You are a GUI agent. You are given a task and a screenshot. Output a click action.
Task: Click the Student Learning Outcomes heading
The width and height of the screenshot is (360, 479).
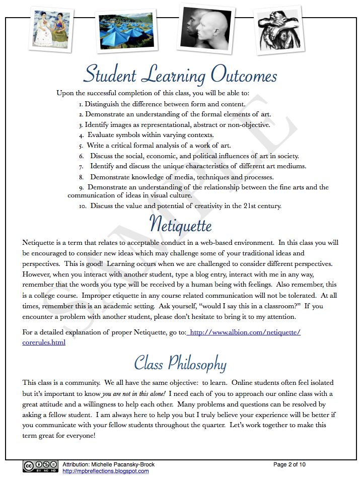(x=180, y=75)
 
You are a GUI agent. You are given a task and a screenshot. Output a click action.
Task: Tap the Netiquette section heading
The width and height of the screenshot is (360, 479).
(x=180, y=224)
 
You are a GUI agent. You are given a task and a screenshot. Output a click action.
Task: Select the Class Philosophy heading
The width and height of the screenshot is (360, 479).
(x=180, y=363)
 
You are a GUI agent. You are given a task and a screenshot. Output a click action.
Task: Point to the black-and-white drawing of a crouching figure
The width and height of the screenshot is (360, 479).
(x=279, y=29)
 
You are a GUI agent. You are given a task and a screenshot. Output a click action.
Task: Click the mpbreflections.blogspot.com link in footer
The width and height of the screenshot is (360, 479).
(x=105, y=471)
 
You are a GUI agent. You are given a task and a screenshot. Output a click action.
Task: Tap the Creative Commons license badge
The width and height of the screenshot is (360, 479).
(x=40, y=466)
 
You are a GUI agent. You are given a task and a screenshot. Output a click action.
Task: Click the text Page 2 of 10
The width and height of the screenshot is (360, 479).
(x=289, y=464)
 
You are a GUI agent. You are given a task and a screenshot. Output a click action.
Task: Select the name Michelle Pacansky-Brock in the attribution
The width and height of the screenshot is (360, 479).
(x=124, y=464)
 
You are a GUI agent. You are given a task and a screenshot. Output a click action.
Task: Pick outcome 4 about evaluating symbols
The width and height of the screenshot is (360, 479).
(x=150, y=135)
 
